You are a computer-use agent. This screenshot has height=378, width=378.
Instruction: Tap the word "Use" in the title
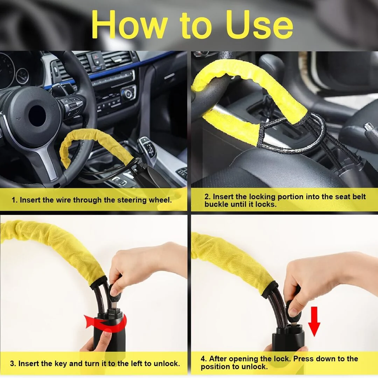pyautogui.click(x=259, y=24)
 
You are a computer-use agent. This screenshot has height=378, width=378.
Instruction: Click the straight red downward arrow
pyautogui.click(x=314, y=321)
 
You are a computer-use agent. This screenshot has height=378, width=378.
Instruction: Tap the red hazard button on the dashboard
pyautogui.click(x=96, y=57)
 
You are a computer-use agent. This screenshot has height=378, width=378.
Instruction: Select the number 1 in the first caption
pyautogui.click(x=14, y=200)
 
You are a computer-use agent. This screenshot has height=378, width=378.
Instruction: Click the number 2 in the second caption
pyautogui.click(x=207, y=196)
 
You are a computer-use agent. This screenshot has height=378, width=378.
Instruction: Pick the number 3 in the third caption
pyautogui.click(x=13, y=364)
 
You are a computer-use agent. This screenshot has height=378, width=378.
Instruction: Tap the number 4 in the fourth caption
pyautogui.click(x=204, y=359)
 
